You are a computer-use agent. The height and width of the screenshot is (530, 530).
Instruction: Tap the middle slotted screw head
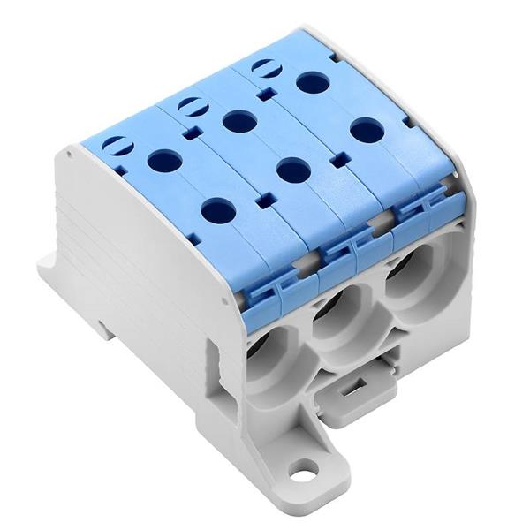(192, 105)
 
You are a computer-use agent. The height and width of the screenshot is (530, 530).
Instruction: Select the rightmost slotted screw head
(262, 67)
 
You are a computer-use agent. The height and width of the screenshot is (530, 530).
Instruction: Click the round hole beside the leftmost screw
(163, 161)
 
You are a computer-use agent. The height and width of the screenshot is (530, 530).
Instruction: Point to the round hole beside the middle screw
(238, 120)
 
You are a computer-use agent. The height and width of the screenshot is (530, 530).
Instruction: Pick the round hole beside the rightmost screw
(313, 83)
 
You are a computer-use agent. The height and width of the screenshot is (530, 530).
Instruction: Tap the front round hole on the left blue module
(217, 210)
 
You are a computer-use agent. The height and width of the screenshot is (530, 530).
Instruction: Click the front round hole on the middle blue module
(292, 169)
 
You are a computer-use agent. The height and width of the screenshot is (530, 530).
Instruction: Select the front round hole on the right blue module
(367, 131)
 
